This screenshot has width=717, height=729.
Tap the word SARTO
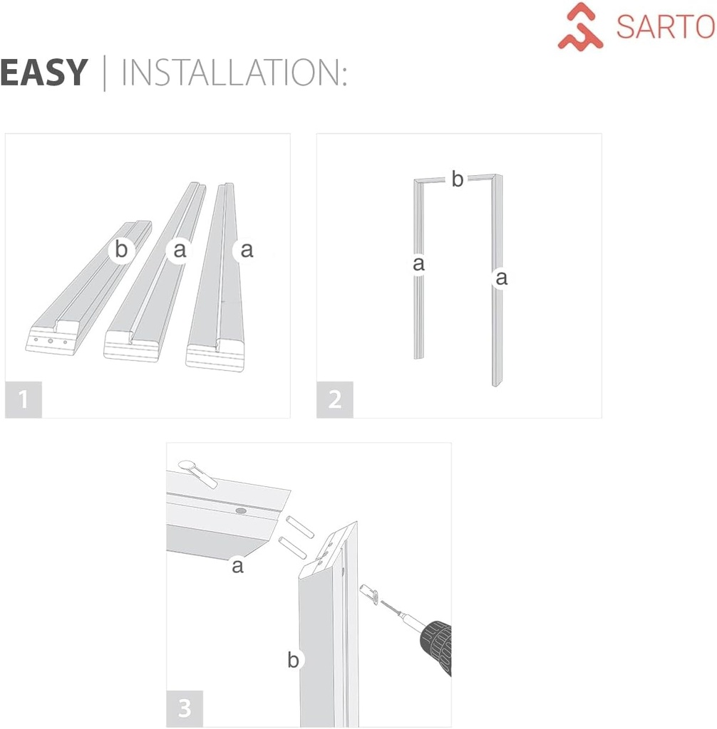tap(665, 27)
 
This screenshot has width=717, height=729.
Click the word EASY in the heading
tap(44, 73)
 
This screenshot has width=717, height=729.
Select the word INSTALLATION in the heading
tap(234, 73)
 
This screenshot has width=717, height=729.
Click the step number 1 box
tap(24, 399)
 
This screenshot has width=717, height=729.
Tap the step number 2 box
tap(335, 399)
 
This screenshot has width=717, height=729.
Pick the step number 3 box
tap(185, 708)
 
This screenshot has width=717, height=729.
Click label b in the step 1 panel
tap(122, 250)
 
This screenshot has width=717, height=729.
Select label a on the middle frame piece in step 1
tap(180, 250)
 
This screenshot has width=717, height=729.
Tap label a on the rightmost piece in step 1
tap(247, 250)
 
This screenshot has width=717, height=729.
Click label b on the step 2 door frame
tap(457, 180)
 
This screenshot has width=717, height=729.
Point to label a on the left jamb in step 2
tap(419, 264)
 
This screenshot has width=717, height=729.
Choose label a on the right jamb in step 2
tap(501, 278)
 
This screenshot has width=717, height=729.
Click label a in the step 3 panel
tap(237, 566)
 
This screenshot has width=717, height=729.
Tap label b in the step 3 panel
tap(293, 660)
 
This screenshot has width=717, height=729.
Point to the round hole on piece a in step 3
tap(240, 512)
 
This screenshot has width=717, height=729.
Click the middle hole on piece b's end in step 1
tap(51, 341)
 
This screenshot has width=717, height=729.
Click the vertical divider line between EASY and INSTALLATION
tap(105, 73)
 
